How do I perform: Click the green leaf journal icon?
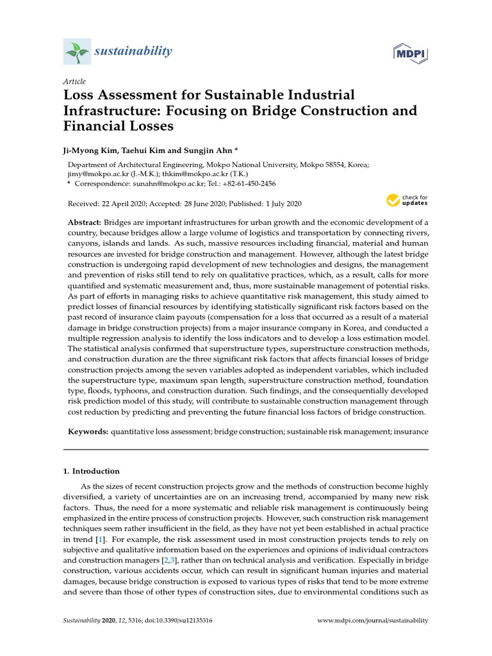[x=78, y=51]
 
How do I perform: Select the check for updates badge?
[x=406, y=200]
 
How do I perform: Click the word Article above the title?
[x=74, y=81]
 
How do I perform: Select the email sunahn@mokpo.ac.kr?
[x=163, y=183]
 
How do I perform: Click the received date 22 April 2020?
[x=131, y=204]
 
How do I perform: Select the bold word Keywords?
[x=88, y=432]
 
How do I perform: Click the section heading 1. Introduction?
[x=92, y=471]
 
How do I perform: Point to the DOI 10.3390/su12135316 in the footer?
[x=183, y=621]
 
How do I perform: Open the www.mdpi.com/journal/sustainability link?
[x=373, y=621]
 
